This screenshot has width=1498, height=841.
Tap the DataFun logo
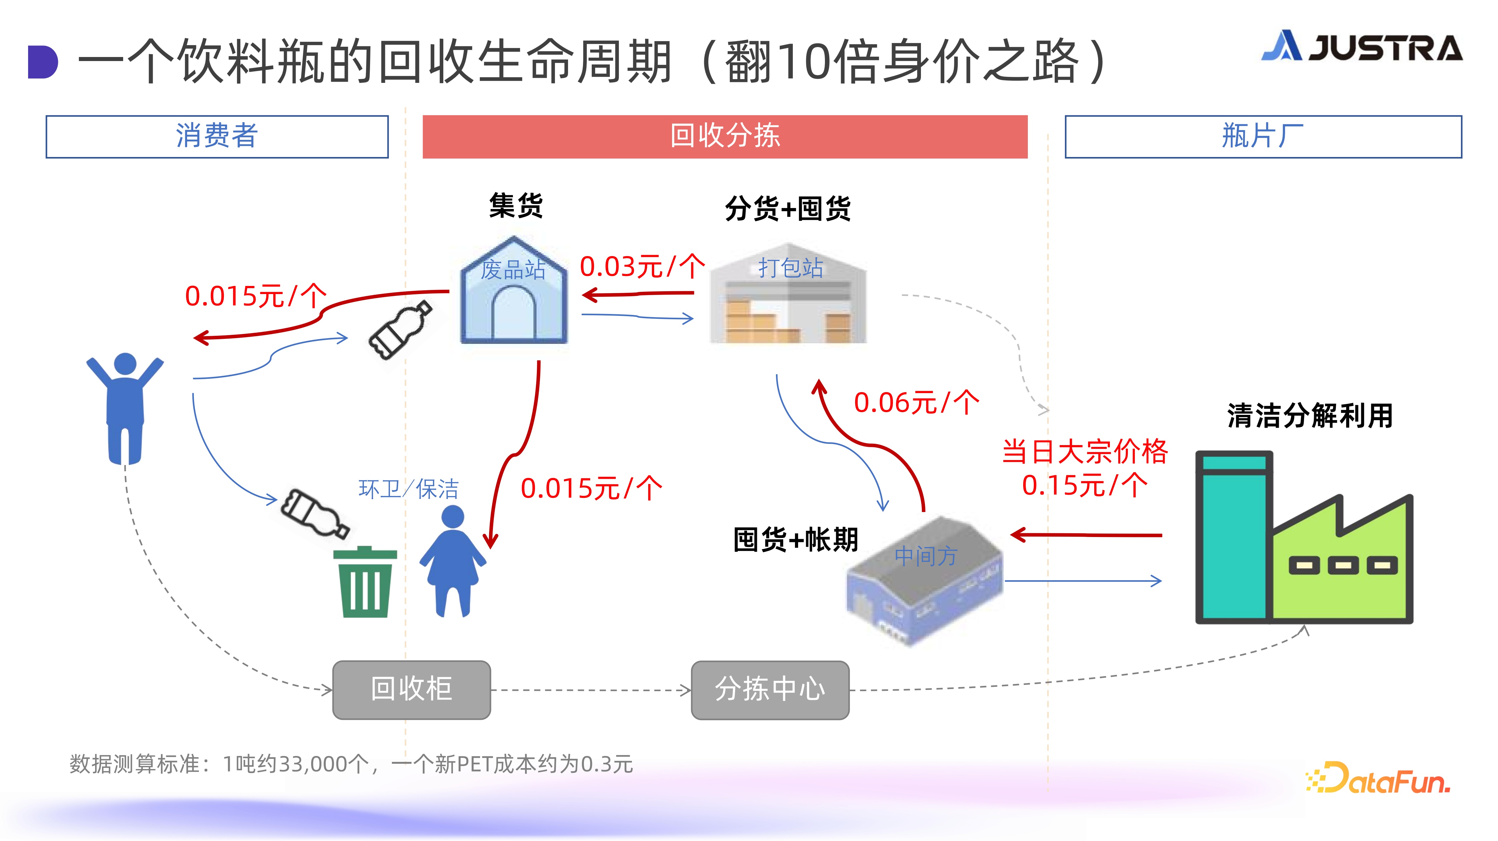tap(1378, 778)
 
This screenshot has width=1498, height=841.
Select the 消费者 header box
tap(217, 136)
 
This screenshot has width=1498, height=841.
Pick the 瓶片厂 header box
tap(1263, 136)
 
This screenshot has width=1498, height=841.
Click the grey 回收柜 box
tap(412, 690)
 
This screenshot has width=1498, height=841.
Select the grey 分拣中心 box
tap(770, 690)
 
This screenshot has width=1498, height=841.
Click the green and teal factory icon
tap(1304, 537)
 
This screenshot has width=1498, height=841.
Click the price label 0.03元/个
tap(642, 267)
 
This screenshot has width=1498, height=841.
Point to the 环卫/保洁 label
tap(408, 489)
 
